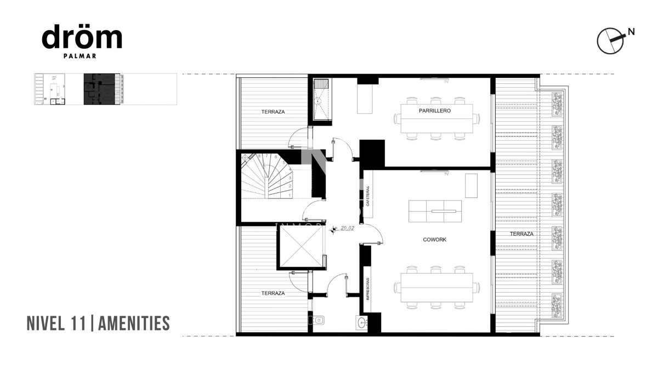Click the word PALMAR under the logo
pos(82,55)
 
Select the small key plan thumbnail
pos(106,89)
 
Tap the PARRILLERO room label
pos(434,111)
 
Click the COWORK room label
pos(434,240)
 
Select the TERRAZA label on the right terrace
pos(521,234)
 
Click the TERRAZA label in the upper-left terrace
pos(273,112)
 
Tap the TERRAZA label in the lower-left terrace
pos(273,293)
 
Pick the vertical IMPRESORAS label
pos(367,288)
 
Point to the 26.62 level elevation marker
pos(345,229)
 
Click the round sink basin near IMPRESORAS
pos(362,323)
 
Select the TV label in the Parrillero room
pos(446,82)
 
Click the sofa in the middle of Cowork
pos(435,210)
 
